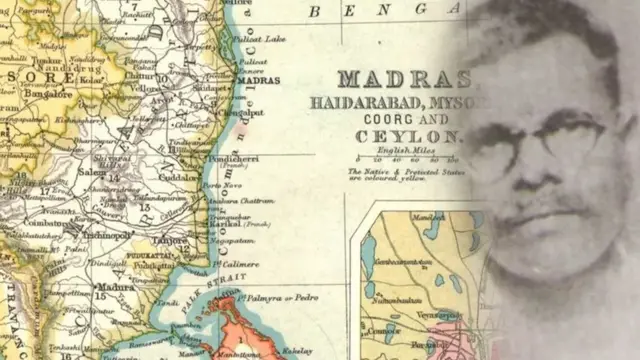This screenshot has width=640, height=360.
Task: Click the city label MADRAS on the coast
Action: coord(264,80)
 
